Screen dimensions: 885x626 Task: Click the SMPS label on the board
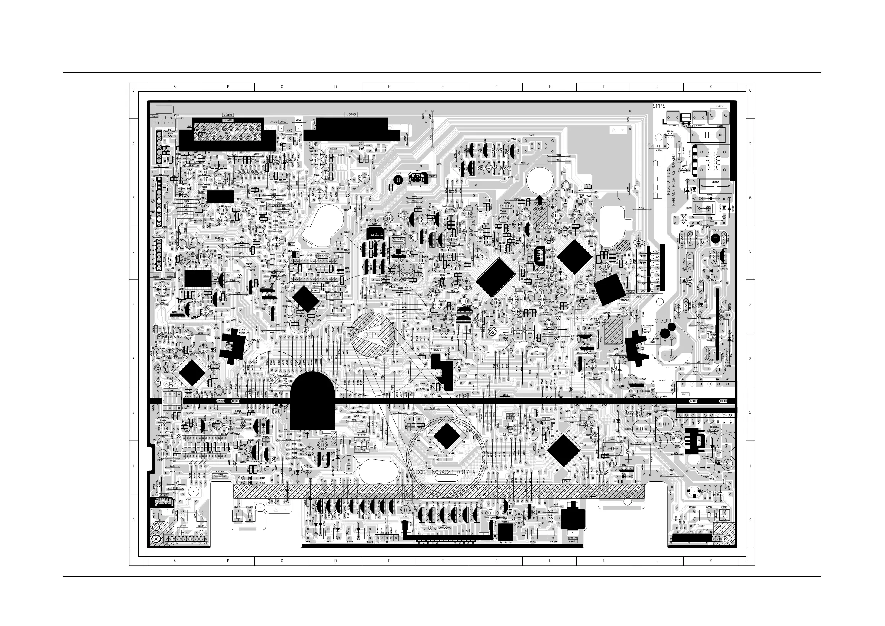(x=659, y=106)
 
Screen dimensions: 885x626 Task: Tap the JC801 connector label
(x=228, y=115)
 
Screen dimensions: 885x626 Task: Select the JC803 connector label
(x=351, y=114)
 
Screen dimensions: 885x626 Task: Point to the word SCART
(x=228, y=120)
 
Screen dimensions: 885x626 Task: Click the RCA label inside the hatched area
(x=228, y=133)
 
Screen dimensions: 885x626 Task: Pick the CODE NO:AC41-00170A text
(x=445, y=472)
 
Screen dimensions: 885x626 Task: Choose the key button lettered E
(x=239, y=515)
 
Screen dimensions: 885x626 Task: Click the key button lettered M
(x=308, y=533)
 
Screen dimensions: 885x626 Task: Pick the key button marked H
(x=553, y=533)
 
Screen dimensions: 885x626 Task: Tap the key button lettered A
(x=724, y=514)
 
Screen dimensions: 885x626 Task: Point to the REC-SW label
(x=573, y=537)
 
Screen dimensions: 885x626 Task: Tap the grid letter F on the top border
(x=442, y=87)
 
